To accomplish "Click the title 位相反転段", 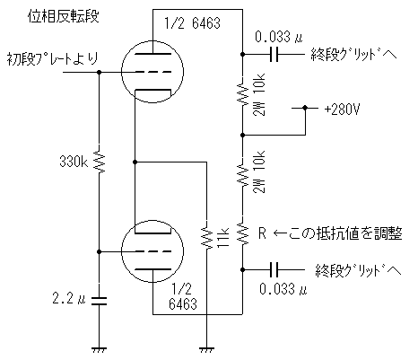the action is [63, 16].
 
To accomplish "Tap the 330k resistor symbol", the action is [100, 162].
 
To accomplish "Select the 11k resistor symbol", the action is [206, 234].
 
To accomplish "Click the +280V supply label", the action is [342, 110].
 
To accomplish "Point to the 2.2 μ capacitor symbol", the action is [100, 301].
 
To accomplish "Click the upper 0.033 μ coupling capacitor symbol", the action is [274, 55].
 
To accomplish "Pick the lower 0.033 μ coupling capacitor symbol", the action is [274, 269].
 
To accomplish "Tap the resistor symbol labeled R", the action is [243, 233].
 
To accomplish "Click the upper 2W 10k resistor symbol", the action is [243, 93].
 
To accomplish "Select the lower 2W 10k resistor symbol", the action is [243, 174].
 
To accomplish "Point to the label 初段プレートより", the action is [53, 58].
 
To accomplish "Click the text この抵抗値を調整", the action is [345, 233].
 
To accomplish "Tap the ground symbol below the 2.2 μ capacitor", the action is [100, 349].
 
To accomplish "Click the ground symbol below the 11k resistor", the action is [206, 349].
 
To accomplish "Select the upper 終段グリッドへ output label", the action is [353, 55].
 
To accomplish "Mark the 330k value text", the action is [74, 162].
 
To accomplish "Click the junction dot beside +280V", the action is [305, 108].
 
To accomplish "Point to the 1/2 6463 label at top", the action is [192, 23].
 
